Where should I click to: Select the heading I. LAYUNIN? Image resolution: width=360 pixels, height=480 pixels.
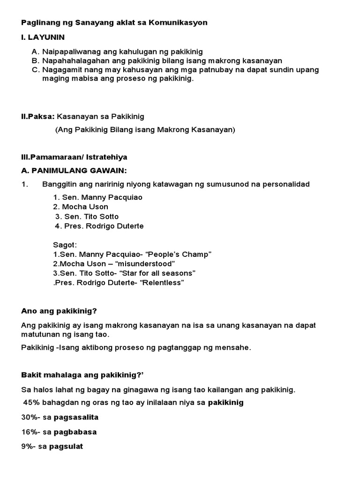coord(43,37)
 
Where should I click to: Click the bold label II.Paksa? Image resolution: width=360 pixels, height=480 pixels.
coord(38,116)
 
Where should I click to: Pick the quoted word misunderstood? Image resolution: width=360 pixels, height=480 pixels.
coord(140,264)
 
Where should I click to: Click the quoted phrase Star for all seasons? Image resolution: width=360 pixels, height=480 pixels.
coord(159,273)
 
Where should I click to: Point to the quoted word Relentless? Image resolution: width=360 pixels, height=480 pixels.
coord(159,283)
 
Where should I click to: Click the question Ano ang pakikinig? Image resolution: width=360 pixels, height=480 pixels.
coord(59,311)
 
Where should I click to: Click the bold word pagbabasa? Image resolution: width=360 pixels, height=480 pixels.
coord(75,432)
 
